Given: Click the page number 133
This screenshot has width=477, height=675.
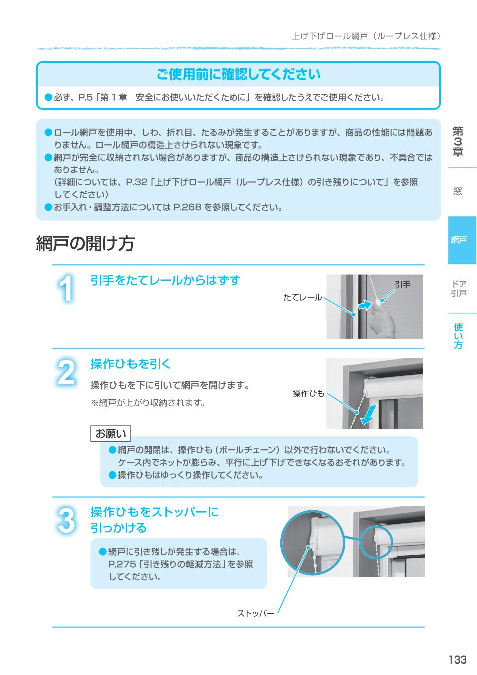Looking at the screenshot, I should [x=457, y=660].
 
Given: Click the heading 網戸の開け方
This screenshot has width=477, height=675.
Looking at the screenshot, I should [x=85, y=244].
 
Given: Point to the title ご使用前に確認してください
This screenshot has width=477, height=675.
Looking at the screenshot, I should [x=238, y=75].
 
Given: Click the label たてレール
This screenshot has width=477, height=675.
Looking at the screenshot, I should [x=302, y=297].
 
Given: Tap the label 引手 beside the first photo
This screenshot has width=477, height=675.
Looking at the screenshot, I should [x=402, y=285].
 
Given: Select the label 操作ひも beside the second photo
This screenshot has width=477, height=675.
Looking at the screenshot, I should [x=308, y=393].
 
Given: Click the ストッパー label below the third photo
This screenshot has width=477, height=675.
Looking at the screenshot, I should [x=255, y=613].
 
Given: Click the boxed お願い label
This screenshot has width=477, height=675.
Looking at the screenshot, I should [x=111, y=434].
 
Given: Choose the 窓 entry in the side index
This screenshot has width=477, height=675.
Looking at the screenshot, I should [x=458, y=191].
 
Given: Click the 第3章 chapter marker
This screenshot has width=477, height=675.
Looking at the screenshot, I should [x=458, y=142].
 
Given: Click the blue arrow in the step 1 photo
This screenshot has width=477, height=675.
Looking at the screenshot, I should [x=365, y=305].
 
